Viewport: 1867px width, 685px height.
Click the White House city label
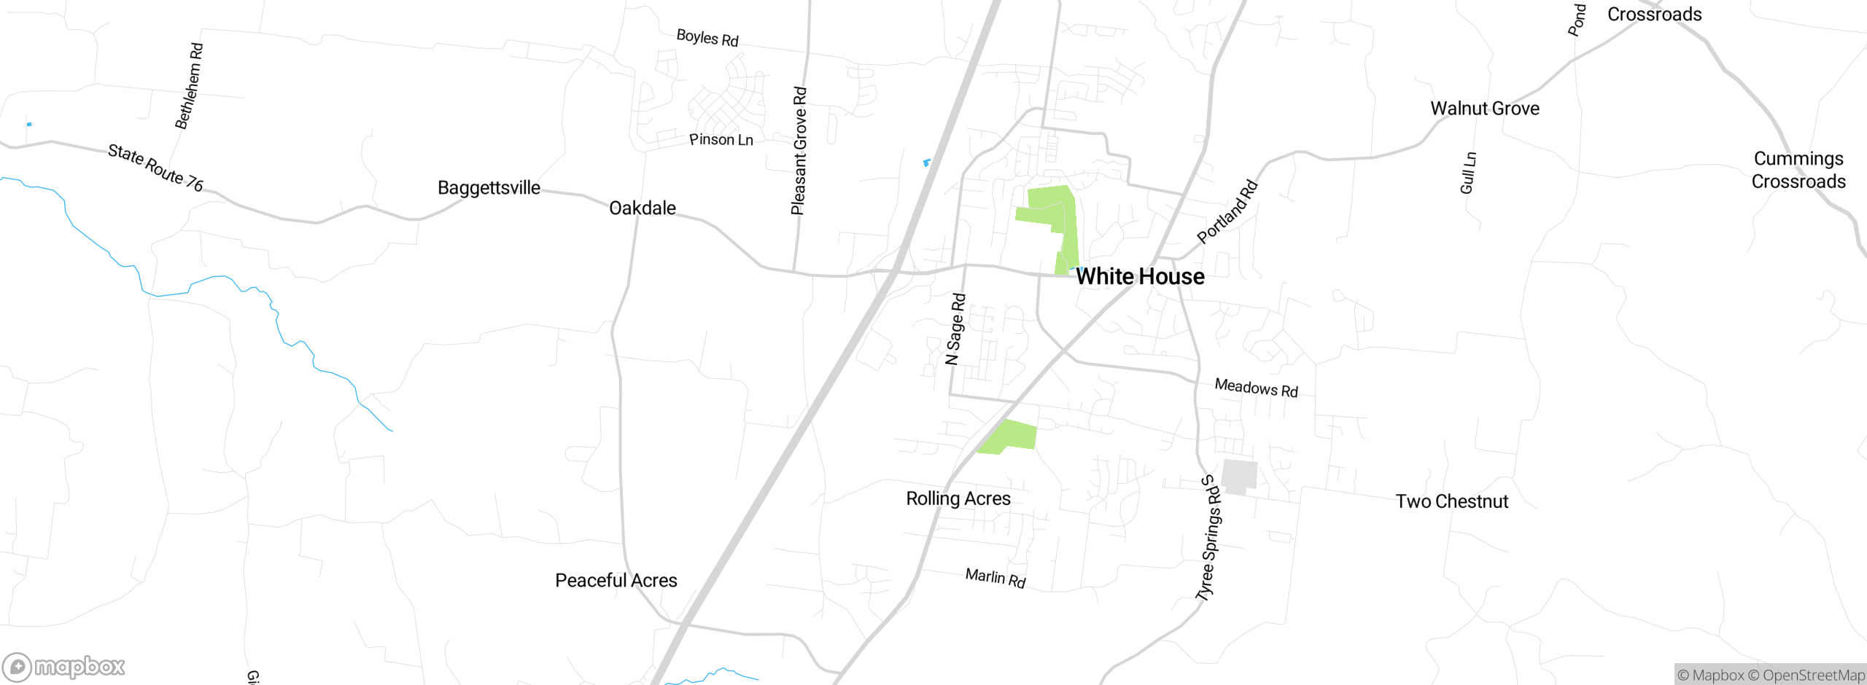point(1140,277)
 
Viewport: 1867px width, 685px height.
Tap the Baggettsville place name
point(489,188)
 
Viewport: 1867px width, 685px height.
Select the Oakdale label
point(642,208)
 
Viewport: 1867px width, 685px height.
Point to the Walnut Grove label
point(1485,109)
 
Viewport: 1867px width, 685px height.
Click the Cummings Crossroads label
point(1798,170)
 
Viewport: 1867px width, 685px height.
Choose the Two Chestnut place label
point(1451,501)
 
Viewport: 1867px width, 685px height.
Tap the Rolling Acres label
point(958,498)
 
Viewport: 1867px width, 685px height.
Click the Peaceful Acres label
point(616,581)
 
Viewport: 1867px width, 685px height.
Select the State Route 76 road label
point(155,168)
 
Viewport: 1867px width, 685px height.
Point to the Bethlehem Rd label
point(189,86)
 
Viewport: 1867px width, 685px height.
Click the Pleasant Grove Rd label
point(799,151)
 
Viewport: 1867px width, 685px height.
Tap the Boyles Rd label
point(707,38)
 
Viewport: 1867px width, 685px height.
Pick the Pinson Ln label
point(721,140)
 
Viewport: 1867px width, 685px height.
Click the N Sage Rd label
point(955,329)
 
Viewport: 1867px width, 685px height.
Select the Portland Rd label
point(1227,211)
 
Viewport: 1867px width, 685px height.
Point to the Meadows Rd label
point(1256,388)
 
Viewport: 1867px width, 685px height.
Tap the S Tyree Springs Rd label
point(1209,538)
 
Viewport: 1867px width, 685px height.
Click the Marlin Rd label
point(995,579)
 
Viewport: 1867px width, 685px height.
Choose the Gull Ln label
point(1468,173)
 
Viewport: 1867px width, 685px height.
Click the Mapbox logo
point(64,666)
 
